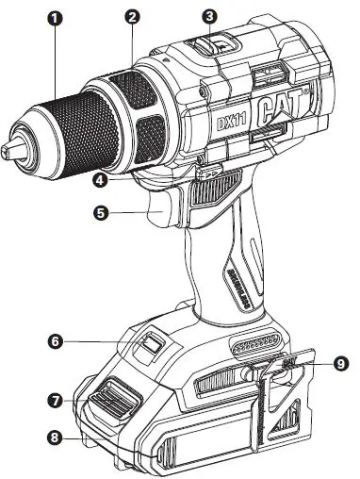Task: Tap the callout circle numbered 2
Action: pyautogui.click(x=133, y=18)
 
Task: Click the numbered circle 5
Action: pyautogui.click(x=102, y=213)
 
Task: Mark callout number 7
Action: pyautogui.click(x=57, y=401)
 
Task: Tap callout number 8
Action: pyautogui.click(x=57, y=437)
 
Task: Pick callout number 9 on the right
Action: pyautogui.click(x=340, y=360)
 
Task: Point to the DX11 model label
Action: pyautogui.click(x=224, y=122)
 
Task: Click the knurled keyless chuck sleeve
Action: pyautogui.click(x=61, y=123)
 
